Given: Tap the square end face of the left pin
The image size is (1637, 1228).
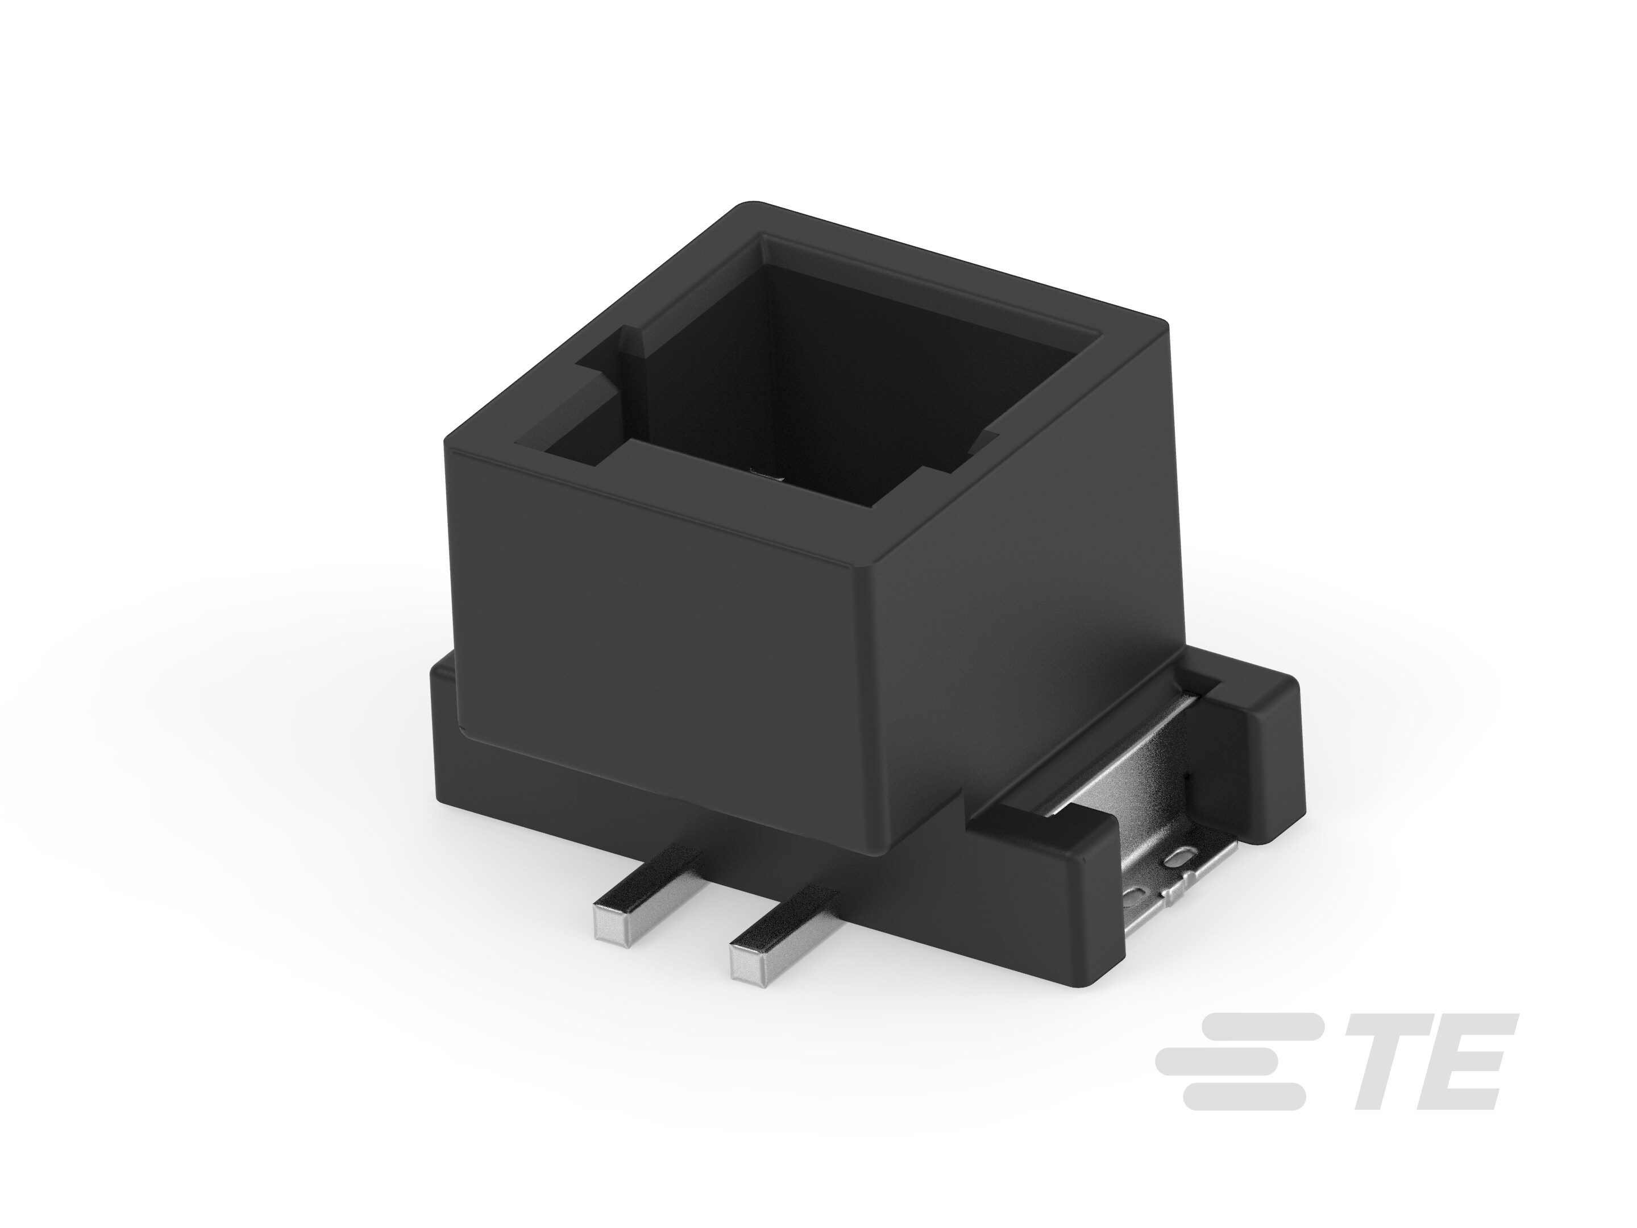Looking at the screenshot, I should click(x=610, y=922).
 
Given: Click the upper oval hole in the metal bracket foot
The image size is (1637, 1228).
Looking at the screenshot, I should click(x=1181, y=858).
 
